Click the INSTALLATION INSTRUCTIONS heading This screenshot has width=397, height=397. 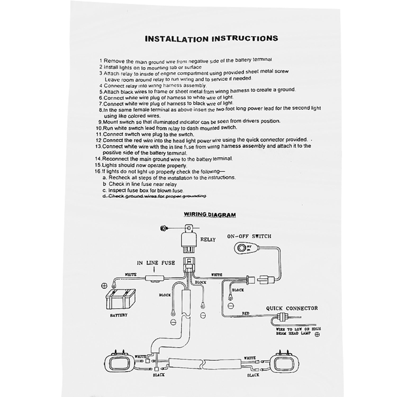[x=211, y=39]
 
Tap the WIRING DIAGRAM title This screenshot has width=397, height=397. [x=210, y=214]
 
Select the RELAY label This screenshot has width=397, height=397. [x=208, y=240]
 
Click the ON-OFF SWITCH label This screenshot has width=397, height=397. [x=249, y=236]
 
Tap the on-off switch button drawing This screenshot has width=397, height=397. [x=242, y=248]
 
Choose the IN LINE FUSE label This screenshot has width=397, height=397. [x=156, y=263]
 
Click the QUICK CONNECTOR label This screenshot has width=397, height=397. [x=292, y=308]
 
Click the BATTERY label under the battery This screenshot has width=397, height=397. [x=119, y=315]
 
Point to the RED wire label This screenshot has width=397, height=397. [x=246, y=313]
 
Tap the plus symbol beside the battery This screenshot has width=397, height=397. [x=103, y=286]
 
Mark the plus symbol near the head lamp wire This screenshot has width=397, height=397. [x=317, y=334]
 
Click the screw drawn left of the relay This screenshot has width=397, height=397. [x=163, y=228]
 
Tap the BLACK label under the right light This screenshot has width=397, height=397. [x=253, y=375]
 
